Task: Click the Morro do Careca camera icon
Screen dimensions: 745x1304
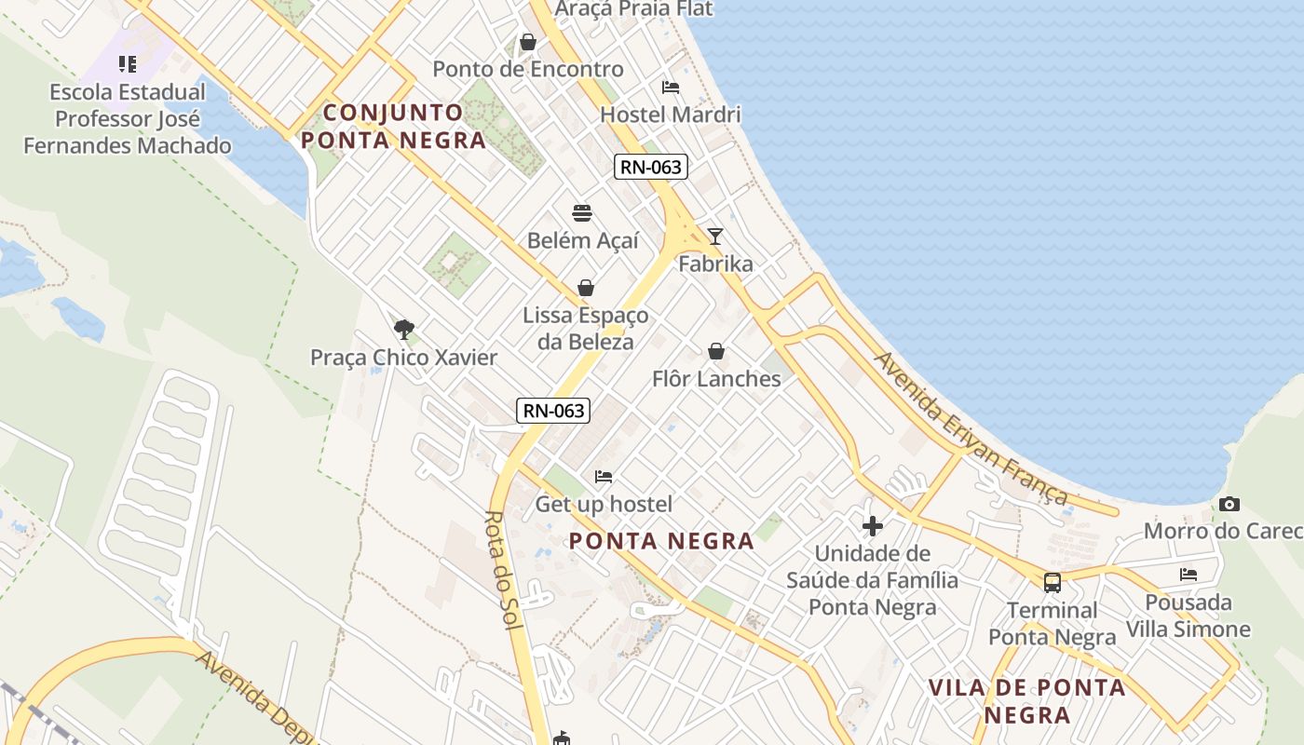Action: [x=1229, y=504]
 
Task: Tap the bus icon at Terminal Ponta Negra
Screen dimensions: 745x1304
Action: [x=1053, y=583]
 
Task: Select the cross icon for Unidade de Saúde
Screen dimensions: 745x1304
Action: [x=873, y=526]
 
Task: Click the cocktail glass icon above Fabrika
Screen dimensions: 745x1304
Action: [x=714, y=237]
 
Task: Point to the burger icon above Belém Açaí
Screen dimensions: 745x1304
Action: [x=583, y=213]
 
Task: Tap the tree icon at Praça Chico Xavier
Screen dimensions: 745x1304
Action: [x=403, y=329]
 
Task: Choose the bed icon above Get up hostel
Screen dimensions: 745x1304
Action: [x=604, y=477]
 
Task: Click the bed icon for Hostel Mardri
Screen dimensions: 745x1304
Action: [x=671, y=88]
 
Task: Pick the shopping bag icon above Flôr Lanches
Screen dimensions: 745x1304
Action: [x=716, y=351]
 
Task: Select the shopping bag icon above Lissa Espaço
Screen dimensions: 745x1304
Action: [x=586, y=288]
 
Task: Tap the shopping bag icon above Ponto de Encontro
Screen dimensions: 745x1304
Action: [x=528, y=42]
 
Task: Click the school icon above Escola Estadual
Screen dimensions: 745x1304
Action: [x=128, y=64]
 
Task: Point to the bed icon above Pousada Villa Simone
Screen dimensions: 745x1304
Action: [x=1189, y=575]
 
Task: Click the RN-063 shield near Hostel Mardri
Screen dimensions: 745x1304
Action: [x=650, y=168]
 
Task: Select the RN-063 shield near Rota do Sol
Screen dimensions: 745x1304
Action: [x=553, y=410]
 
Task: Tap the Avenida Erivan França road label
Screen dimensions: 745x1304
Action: [x=970, y=428]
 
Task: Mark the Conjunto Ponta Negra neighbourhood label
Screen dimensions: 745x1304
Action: [x=393, y=127]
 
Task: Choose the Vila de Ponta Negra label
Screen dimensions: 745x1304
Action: [x=1027, y=701]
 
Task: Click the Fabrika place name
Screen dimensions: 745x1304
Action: [x=715, y=264]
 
